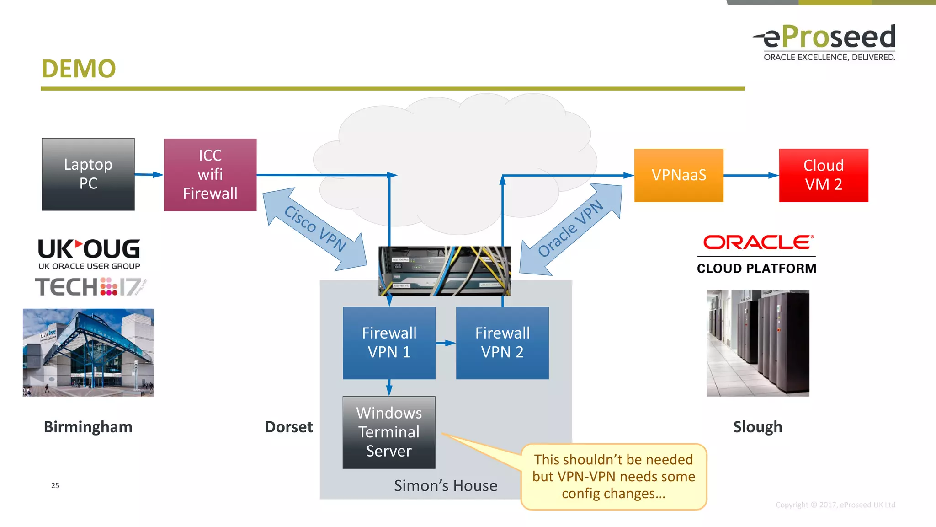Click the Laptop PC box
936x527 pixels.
[88, 174]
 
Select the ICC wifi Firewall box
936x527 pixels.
[210, 175]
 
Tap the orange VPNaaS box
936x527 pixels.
[679, 175]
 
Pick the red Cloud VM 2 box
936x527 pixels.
[824, 175]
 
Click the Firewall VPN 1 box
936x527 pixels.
[389, 343]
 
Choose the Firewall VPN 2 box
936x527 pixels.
[502, 343]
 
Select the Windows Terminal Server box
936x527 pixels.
[389, 432]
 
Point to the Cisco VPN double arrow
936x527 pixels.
[315, 228]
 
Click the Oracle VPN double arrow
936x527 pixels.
[571, 228]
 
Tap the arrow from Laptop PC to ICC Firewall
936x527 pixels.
[149, 175]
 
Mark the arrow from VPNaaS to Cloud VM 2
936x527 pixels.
[751, 175]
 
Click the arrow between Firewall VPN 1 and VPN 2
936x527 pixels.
[446, 343]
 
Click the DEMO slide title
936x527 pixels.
[79, 69]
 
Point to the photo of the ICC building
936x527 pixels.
[88, 352]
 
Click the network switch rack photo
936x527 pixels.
[445, 270]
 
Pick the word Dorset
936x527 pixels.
[289, 427]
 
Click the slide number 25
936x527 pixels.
[55, 485]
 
